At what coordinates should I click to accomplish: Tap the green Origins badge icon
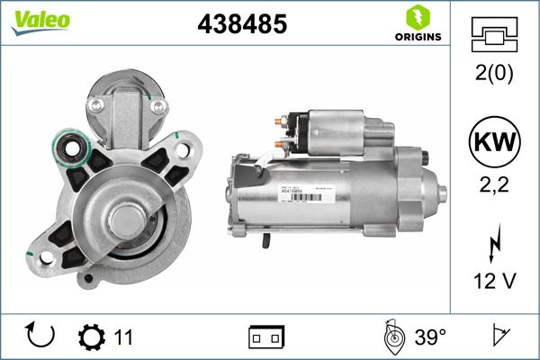(416, 17)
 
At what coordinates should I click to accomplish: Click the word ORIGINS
(416, 37)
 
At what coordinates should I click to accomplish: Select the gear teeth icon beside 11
(92, 337)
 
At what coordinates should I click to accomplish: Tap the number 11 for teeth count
(123, 337)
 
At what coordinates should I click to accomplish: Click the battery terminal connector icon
(265, 337)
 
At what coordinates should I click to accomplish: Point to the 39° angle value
(431, 337)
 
